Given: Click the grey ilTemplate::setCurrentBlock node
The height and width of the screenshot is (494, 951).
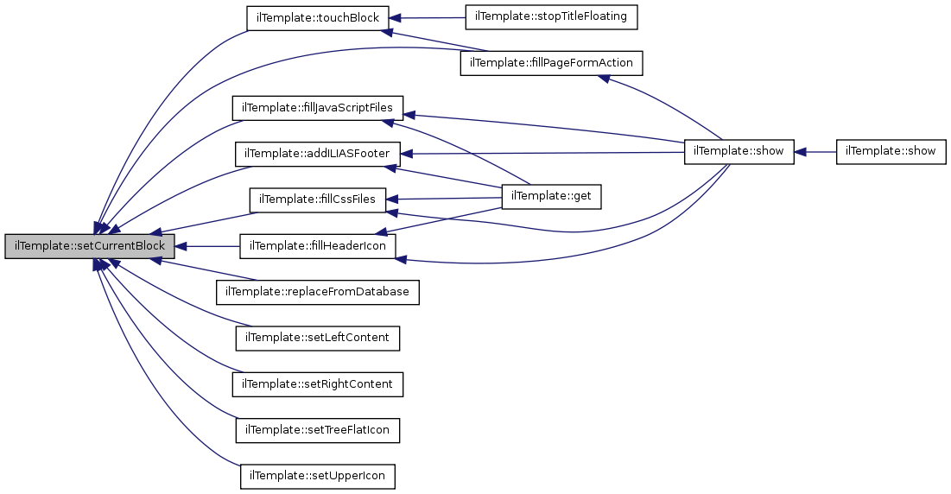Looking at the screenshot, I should click(90, 246).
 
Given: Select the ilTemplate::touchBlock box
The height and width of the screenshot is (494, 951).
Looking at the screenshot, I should click(318, 17).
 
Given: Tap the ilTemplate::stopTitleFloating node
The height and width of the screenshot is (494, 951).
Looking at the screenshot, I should click(551, 16).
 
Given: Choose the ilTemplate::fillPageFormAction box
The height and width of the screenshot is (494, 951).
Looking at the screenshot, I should click(551, 63).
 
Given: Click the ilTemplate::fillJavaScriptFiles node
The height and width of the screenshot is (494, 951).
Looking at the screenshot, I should click(318, 108).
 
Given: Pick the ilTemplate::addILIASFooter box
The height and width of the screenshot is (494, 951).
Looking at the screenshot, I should click(318, 154).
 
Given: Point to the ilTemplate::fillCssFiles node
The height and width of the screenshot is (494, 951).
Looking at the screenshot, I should click(318, 199).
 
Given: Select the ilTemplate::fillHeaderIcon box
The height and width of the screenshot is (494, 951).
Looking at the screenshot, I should click(318, 246).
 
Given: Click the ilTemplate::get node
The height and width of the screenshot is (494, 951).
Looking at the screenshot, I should click(551, 196).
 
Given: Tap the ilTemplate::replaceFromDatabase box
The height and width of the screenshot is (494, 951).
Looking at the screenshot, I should click(318, 292).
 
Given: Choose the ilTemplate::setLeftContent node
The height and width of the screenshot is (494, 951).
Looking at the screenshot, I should click(318, 338).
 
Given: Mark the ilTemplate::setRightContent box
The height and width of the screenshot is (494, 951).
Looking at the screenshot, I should click(318, 383).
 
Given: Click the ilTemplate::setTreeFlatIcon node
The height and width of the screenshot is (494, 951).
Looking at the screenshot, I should click(318, 429).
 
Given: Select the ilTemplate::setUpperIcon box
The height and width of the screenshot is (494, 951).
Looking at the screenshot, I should click(318, 475).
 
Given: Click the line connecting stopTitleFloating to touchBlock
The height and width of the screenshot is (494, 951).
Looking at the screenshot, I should click(428, 17).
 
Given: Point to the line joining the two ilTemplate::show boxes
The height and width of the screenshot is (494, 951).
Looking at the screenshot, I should click(815, 151).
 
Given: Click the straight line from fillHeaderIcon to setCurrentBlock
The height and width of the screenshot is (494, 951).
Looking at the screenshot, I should click(212, 246).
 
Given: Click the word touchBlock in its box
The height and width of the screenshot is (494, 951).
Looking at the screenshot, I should click(338, 17).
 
